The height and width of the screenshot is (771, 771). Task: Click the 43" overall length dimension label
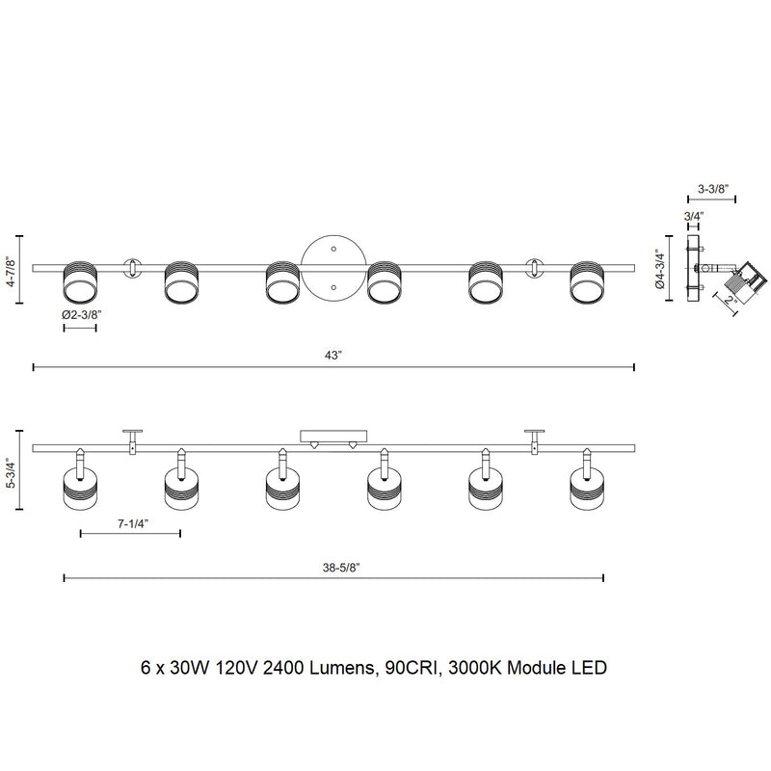pyautogui.click(x=333, y=356)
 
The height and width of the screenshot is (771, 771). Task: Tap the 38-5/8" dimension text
pyautogui.click(x=332, y=567)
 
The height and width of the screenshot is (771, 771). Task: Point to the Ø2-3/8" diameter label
pyautogui.click(x=80, y=315)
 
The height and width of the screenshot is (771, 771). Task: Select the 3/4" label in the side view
pyautogui.click(x=693, y=216)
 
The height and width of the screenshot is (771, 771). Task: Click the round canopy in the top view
pyautogui.click(x=333, y=267)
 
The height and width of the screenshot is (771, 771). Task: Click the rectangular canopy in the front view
pyautogui.click(x=333, y=437)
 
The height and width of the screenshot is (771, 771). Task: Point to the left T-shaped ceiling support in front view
pyautogui.click(x=132, y=439)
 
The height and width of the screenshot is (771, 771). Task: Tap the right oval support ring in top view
pyautogui.click(x=536, y=267)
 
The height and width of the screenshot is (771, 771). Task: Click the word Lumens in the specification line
pyautogui.click(x=334, y=667)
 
